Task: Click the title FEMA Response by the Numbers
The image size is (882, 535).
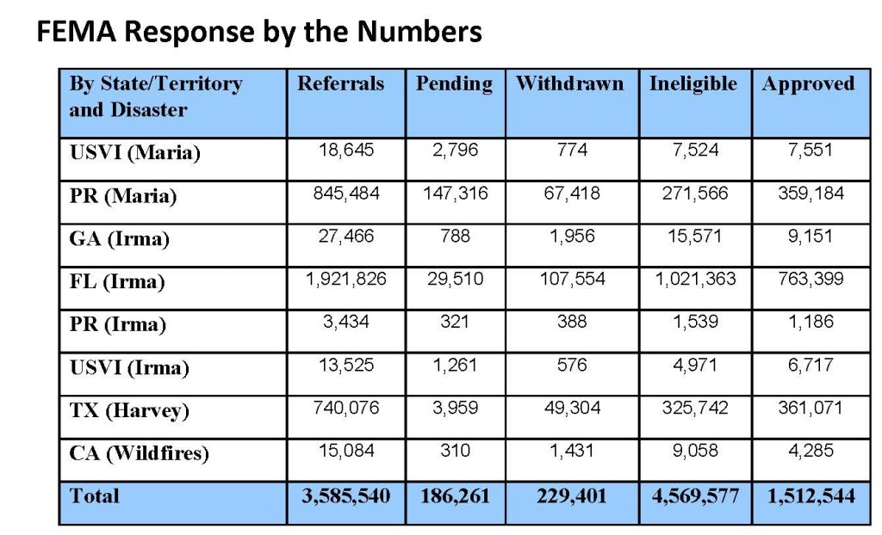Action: (x=258, y=33)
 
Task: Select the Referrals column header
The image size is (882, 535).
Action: (x=341, y=84)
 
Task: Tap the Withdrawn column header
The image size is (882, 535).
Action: (x=569, y=84)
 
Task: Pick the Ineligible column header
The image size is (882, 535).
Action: (x=693, y=84)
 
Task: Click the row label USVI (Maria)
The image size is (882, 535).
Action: (x=134, y=153)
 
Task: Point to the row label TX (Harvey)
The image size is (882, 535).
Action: (x=129, y=411)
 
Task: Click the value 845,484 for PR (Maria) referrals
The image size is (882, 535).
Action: (x=346, y=193)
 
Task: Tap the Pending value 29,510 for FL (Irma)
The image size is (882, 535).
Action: (x=455, y=279)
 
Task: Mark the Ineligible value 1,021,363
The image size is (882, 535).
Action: (x=693, y=279)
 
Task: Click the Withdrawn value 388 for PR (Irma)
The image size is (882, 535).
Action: (x=572, y=321)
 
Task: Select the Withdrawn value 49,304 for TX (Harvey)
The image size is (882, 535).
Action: (x=572, y=408)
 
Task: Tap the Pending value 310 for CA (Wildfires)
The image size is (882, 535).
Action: (x=455, y=450)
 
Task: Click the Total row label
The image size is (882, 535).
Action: (x=95, y=496)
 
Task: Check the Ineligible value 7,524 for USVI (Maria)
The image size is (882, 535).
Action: (x=693, y=151)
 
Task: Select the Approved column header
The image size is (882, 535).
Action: (x=808, y=84)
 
